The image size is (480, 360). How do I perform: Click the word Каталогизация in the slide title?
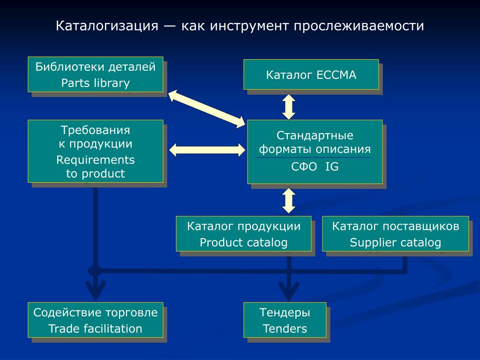pos(107,26)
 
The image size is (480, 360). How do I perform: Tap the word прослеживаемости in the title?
pos(359,26)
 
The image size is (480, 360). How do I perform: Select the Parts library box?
pos(96,75)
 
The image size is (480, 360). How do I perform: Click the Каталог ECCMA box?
pos(311,75)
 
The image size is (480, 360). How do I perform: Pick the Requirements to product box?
pos(96,151)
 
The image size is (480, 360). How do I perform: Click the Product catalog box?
pos(244,234)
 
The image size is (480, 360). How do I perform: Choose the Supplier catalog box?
pos(396,234)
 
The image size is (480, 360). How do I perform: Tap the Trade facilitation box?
pos(96,320)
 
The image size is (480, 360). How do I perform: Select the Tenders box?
pos(285,320)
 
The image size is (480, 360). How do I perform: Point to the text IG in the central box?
pos(332,166)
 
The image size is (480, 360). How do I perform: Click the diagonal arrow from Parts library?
pos(207,109)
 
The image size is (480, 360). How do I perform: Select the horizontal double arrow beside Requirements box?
pos(207,150)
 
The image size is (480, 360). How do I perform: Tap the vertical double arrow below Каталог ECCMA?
pos(289,107)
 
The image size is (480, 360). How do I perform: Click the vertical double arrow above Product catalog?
pos(289,201)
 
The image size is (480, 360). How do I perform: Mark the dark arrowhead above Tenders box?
pos(289,291)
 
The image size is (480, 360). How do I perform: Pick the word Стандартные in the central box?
pos(315,135)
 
